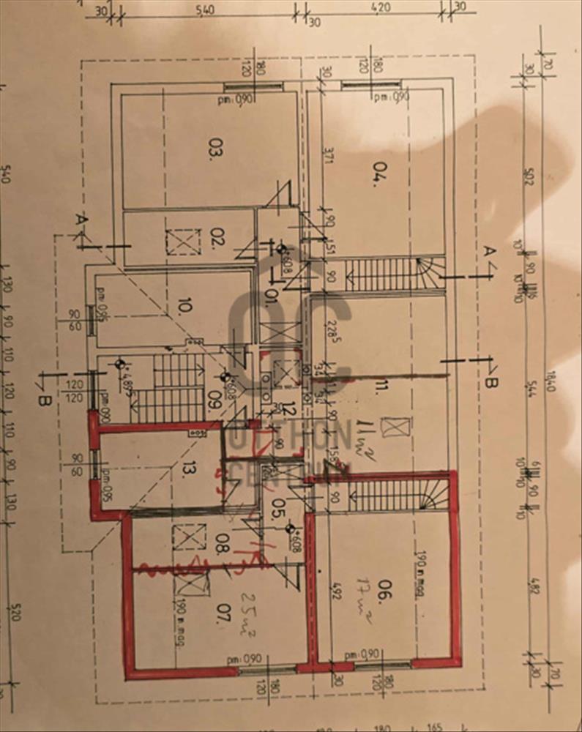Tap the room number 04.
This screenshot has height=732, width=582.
378,176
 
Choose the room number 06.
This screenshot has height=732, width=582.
380,597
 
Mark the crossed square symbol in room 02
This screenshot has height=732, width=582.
182,242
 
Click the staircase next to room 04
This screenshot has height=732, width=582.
392,273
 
